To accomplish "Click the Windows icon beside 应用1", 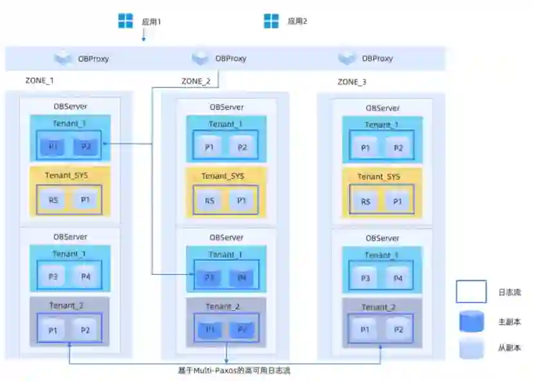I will click(125, 21).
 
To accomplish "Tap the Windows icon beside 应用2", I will click(272, 21).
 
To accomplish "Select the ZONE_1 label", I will click(39, 81).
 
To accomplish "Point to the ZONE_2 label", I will click(196, 82).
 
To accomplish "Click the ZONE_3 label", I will click(352, 82).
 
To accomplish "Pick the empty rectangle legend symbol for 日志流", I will click(471, 292).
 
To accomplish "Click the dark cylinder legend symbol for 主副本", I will click(471, 321).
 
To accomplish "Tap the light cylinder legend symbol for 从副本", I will click(471, 348).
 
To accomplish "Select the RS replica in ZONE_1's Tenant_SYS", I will click(53, 200).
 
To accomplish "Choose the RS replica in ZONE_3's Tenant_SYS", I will click(365, 201).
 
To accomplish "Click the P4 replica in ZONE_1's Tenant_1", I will click(86, 277).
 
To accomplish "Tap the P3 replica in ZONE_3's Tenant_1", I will click(365, 278).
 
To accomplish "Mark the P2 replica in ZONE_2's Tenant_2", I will click(242, 330).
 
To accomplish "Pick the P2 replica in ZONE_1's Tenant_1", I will click(86, 146).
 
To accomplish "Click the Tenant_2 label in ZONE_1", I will click(67, 305).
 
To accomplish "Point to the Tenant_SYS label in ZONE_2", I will click(223, 176).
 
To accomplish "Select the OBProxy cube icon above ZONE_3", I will click(347, 59).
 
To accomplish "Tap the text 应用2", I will click(297, 21).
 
